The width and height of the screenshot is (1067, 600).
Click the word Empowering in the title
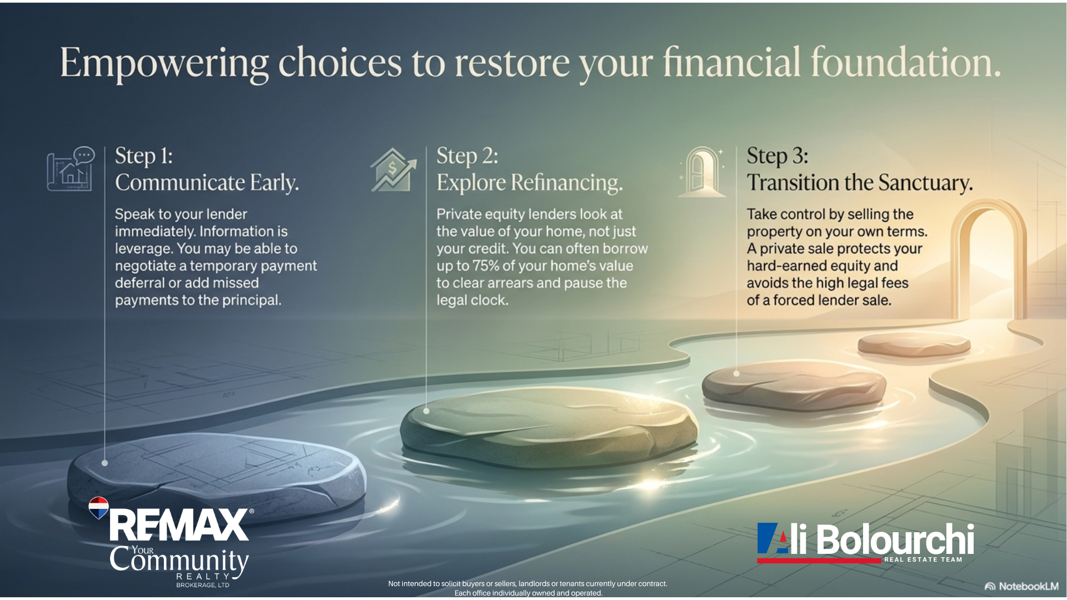point(164,63)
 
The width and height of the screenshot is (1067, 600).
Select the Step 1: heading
point(144,156)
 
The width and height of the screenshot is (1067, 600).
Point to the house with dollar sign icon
point(393,170)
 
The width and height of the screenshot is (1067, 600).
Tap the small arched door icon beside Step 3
point(702,172)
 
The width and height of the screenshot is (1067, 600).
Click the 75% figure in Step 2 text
point(486,266)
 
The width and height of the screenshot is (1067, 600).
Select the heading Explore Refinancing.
point(530,183)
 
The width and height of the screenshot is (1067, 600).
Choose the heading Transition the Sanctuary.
point(860,183)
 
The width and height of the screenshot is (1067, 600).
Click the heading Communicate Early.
point(207,183)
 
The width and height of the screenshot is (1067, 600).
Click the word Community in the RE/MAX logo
point(179,560)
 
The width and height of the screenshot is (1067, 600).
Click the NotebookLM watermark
point(1021,586)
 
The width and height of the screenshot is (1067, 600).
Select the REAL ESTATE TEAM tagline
point(923,559)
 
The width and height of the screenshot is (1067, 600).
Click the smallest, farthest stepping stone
point(914,344)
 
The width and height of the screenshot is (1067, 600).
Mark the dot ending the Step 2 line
point(426,411)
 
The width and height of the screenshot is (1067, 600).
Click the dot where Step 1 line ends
point(104,463)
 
